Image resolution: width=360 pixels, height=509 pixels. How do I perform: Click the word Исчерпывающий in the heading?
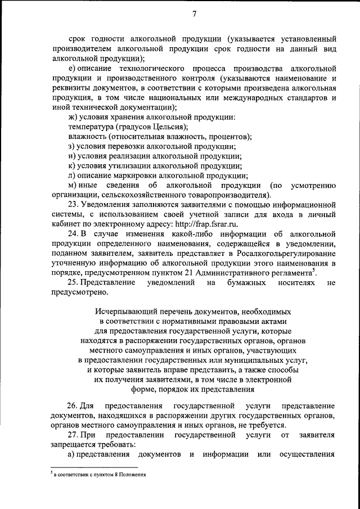pyautogui.click(x=121, y=311)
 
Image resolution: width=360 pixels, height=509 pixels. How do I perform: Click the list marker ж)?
pyautogui.click(x=72, y=117)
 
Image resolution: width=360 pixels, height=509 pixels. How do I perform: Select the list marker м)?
pyautogui.click(x=72, y=185)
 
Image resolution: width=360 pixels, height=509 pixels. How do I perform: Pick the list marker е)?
pyautogui.click(x=71, y=68)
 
